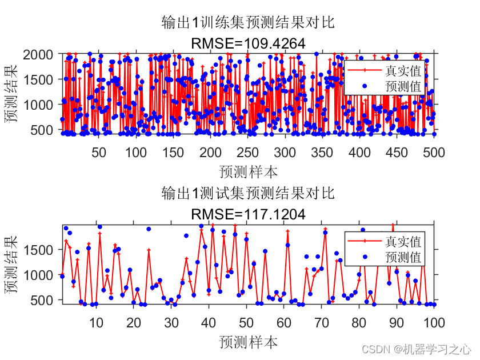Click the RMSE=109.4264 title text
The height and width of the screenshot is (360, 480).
[247, 43]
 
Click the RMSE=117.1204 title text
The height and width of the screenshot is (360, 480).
[247, 214]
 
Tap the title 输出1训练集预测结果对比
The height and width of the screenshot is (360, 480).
[247, 23]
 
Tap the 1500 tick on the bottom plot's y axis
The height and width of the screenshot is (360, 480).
[41, 250]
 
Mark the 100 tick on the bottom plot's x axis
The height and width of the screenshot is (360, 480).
[433, 322]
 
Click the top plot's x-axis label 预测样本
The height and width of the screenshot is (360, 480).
[248, 171]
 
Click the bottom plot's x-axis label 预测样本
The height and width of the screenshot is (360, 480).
[248, 342]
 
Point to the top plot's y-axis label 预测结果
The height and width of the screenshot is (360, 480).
[12, 94]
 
